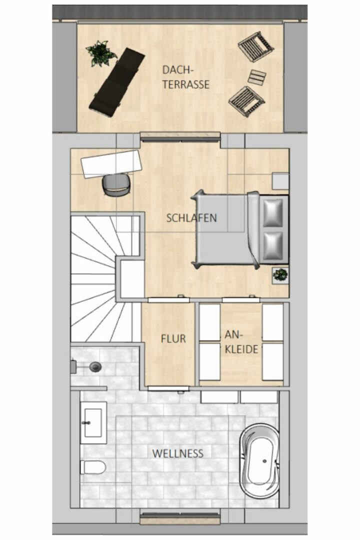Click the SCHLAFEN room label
pyautogui.click(x=191, y=217)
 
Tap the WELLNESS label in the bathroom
pyautogui.click(x=178, y=453)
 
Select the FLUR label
pyautogui.click(x=173, y=339)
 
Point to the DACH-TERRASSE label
pyautogui.click(x=185, y=77)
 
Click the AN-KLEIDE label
pyautogui.click(x=241, y=342)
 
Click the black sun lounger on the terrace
pyautogui.click(x=117, y=82)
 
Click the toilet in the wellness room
pyautogui.click(x=93, y=467)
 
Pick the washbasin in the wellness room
pyautogui.click(x=93, y=422)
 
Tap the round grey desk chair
pyautogui.click(x=116, y=185)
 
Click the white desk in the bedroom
pyautogui.click(x=111, y=164)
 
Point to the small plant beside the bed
pyautogui.click(x=280, y=275)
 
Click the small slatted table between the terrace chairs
pyautogui.click(x=257, y=77)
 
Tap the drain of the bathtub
pyautogui.click(x=264, y=461)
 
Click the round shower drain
pyautogui.click(x=95, y=367)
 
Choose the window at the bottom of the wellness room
pyautogui.click(x=180, y=517)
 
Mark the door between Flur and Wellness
pyautogui.click(x=168, y=389)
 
